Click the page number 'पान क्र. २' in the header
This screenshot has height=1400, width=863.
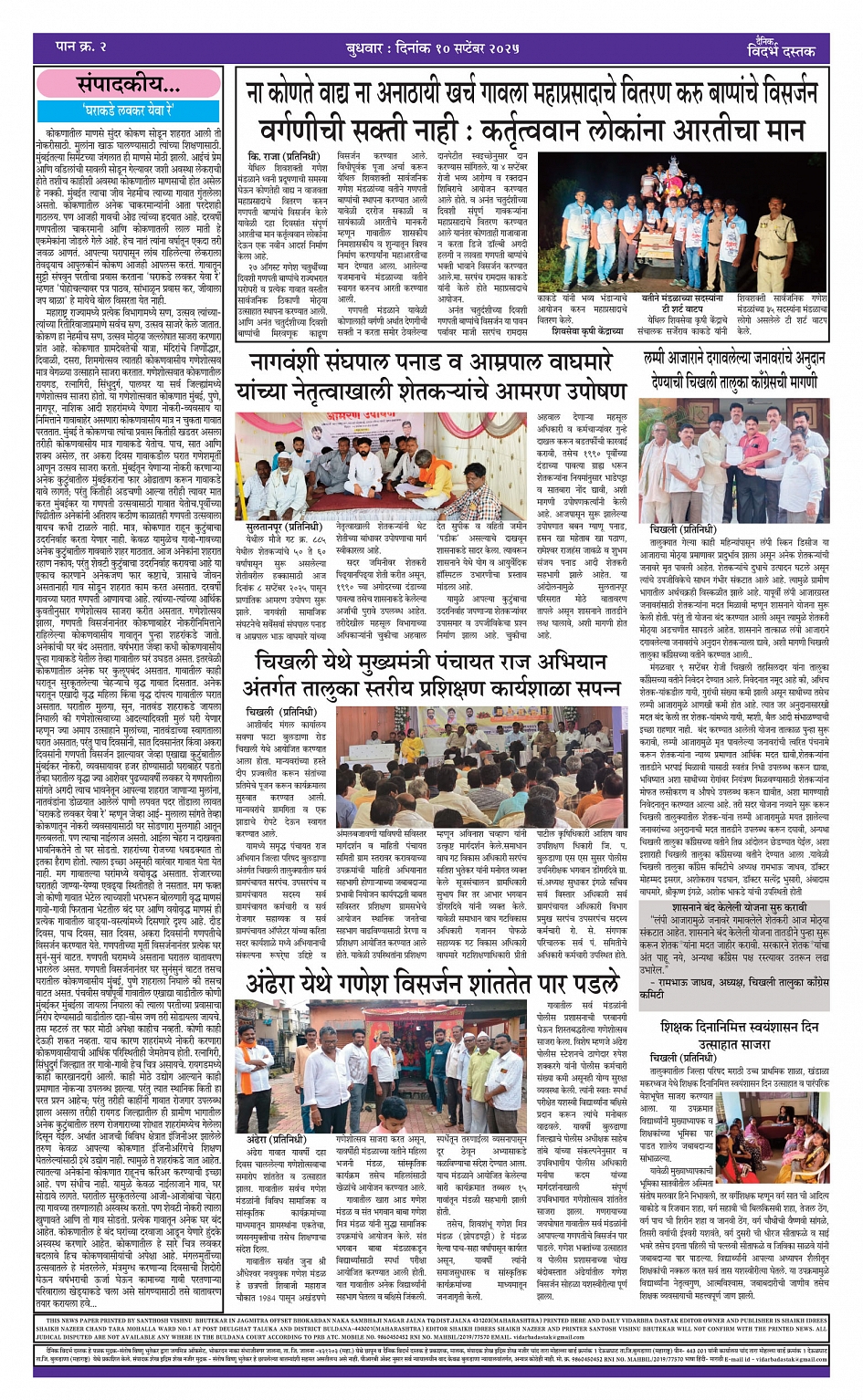click(x=81, y=46)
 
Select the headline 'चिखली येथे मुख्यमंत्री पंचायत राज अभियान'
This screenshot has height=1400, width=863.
click(x=430, y=660)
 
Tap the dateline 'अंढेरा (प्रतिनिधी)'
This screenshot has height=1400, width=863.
click(x=277, y=1140)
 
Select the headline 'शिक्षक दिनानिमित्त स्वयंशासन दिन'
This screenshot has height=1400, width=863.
click(x=739, y=1028)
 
